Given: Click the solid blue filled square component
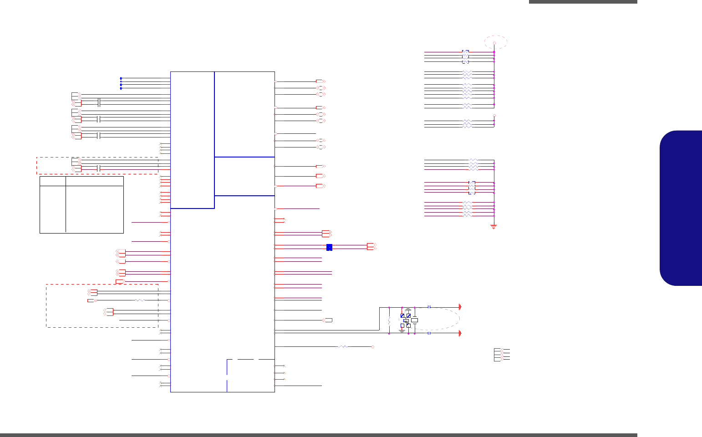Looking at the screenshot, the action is click(x=329, y=247).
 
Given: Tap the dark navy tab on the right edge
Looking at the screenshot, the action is click(x=681, y=208).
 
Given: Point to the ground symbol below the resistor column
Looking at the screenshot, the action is click(x=493, y=226).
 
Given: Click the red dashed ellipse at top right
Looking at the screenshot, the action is click(x=495, y=42).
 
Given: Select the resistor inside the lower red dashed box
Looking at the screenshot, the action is click(x=140, y=300).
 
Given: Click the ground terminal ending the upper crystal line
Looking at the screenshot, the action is click(x=460, y=307).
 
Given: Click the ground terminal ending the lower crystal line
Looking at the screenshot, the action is click(x=460, y=333).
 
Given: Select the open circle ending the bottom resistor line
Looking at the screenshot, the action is click(x=372, y=347).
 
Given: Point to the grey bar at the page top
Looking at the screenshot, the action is click(x=583, y=2).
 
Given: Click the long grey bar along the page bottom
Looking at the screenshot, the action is click(x=319, y=435).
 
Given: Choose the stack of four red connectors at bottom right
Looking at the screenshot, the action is click(x=499, y=355).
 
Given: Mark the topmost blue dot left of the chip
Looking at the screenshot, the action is click(x=121, y=78).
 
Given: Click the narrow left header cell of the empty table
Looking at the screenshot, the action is click(x=53, y=181).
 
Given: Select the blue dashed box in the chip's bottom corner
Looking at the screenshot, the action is click(x=249, y=375).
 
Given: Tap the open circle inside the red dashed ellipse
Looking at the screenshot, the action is click(x=494, y=43).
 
